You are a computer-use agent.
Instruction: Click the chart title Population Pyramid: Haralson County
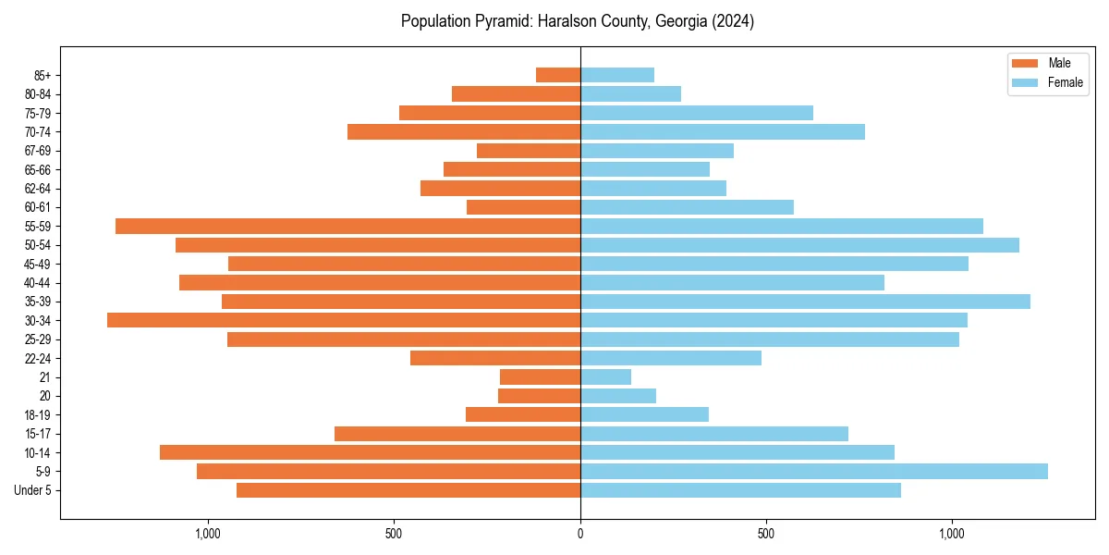tap(578, 21)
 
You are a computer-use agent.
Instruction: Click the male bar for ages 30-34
tap(344, 320)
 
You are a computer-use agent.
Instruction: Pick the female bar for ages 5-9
tap(813, 472)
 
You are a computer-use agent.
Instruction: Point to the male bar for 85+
tap(558, 75)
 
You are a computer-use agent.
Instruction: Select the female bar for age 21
tap(605, 377)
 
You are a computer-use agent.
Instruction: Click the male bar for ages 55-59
tap(347, 226)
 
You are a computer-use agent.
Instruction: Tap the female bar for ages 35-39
tap(805, 302)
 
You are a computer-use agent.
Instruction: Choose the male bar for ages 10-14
tap(370, 452)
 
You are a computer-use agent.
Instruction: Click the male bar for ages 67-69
tap(529, 151)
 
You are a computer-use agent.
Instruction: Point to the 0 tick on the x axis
tap(580, 534)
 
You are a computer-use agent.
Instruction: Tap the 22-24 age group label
tap(38, 358)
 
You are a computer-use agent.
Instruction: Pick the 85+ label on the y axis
tap(42, 75)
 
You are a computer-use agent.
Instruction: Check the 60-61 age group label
tap(38, 207)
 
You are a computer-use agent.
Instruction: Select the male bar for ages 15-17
tap(457, 434)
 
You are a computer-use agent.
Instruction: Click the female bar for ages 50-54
tap(799, 245)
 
